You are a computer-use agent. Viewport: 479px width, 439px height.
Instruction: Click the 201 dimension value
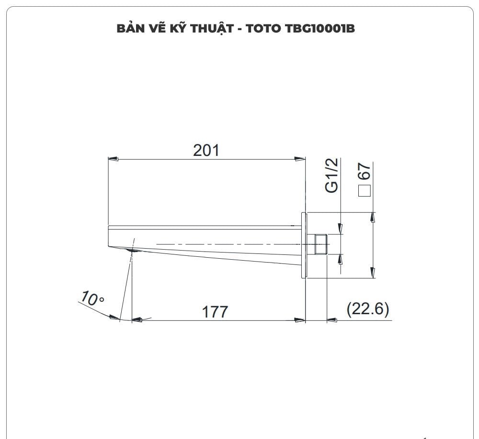pyautogui.click(x=206, y=150)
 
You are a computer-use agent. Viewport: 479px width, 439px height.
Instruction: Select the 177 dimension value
pyautogui.click(x=215, y=312)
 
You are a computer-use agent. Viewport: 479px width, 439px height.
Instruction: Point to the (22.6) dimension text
pyautogui.click(x=368, y=309)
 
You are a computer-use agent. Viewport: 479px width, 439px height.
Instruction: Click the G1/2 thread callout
pyautogui.click(x=332, y=176)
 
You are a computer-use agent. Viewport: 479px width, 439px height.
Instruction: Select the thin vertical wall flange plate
pyautogui.click(x=303, y=245)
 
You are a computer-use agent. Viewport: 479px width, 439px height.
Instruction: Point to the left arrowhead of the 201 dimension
pyautogui.click(x=113, y=158)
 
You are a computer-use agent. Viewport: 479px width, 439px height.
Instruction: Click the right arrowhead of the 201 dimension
pyautogui.click(x=300, y=158)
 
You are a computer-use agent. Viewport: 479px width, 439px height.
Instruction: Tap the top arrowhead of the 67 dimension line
pyautogui.click(x=372, y=218)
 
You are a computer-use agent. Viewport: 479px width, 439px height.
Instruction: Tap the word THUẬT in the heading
pyautogui.click(x=213, y=28)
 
